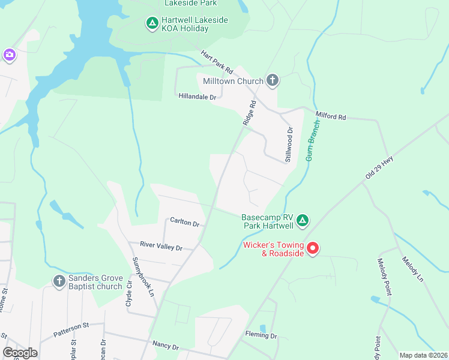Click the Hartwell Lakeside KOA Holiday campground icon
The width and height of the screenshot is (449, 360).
coord(152,24)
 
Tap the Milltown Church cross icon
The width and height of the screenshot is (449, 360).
coord(273,80)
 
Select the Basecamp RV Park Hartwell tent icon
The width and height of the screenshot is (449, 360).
coord(303,221)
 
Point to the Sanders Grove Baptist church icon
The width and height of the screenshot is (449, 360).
coord(59,281)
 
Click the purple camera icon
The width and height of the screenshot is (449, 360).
coord(9,55)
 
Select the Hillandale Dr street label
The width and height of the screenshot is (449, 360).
coord(197,96)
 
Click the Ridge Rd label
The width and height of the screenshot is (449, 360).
coord(250,112)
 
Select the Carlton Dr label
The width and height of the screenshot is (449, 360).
coord(184,223)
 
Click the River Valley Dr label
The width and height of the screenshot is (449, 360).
coord(161,246)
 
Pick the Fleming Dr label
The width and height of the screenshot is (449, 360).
coord(261,336)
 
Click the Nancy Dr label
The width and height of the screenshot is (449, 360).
coord(166,347)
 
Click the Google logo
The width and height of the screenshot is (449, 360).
coord(20,353)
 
